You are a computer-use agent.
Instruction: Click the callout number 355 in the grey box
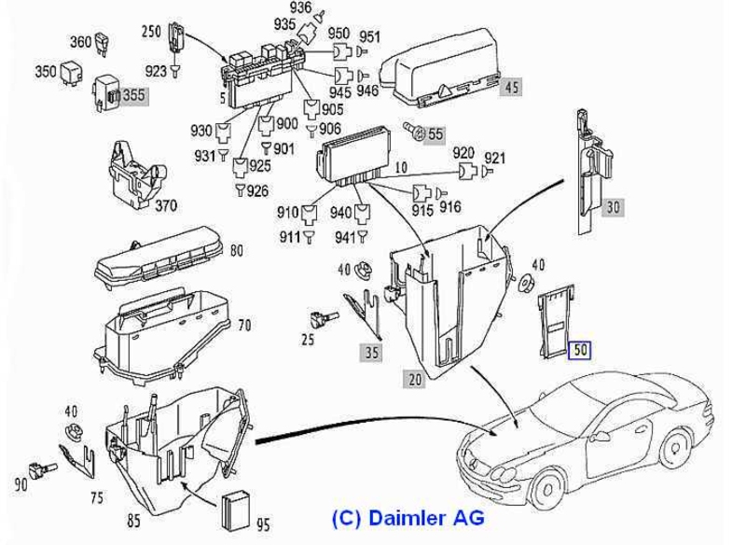(x=134, y=95)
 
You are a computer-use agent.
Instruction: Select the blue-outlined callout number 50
(x=581, y=351)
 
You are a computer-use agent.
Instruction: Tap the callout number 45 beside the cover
(x=511, y=90)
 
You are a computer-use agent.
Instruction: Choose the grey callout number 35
(x=372, y=352)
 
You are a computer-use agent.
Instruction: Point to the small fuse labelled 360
(x=104, y=45)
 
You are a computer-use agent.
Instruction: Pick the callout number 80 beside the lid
(x=236, y=249)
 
